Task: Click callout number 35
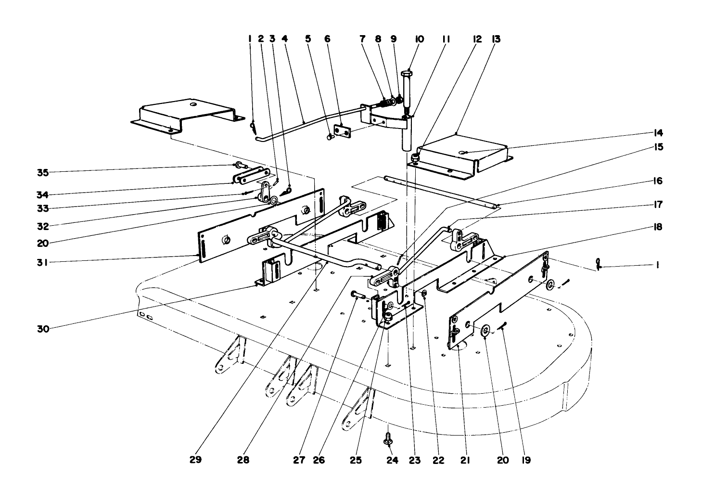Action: coord(43,172)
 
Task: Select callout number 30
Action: coord(43,329)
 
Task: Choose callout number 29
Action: coord(195,460)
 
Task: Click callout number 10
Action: coord(419,39)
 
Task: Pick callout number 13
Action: coord(496,39)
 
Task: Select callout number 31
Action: coord(43,262)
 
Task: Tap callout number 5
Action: coord(308,39)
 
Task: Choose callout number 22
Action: coord(437,460)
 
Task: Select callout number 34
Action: coord(43,194)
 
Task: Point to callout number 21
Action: coord(464,460)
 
